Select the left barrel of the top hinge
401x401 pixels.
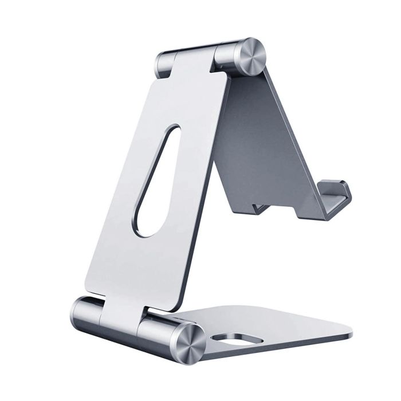click(165, 62)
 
